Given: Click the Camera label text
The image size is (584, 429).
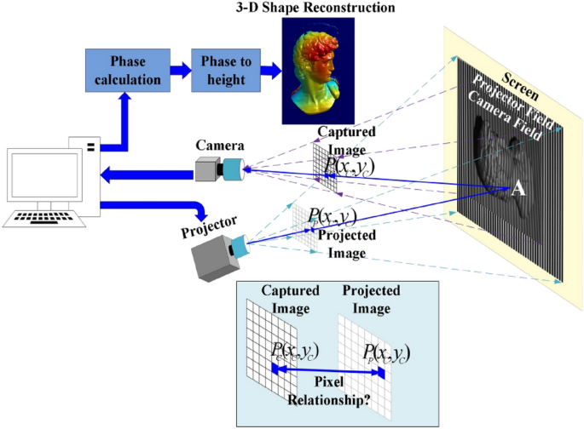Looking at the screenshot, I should click(x=220, y=146).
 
